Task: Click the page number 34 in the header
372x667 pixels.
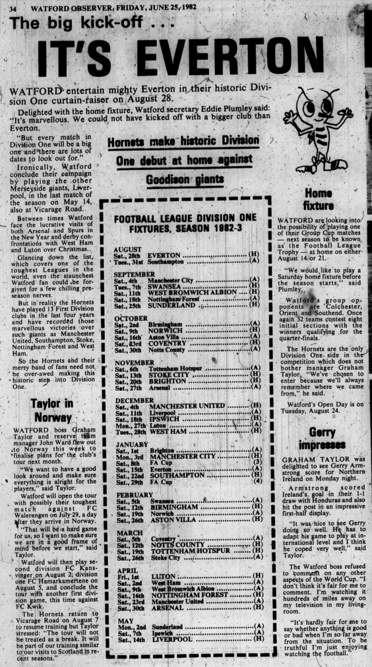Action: pyautogui.click(x=13, y=8)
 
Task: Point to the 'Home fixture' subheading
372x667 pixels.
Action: pyautogui.click(x=318, y=200)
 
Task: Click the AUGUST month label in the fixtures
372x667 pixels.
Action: pyautogui.click(x=128, y=249)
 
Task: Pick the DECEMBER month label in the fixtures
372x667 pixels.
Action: pyautogui.click(x=133, y=400)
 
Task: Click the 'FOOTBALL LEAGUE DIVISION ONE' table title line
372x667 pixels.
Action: pyautogui.click(x=188, y=218)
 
